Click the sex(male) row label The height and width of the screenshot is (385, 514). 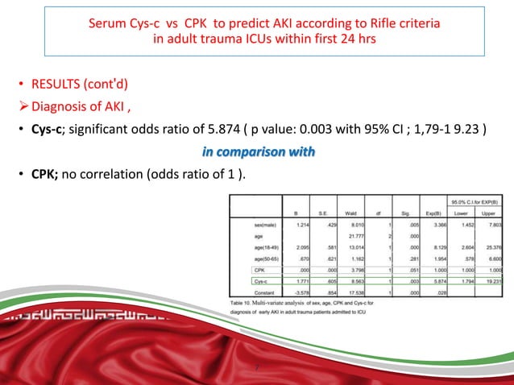tap(267, 226)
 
